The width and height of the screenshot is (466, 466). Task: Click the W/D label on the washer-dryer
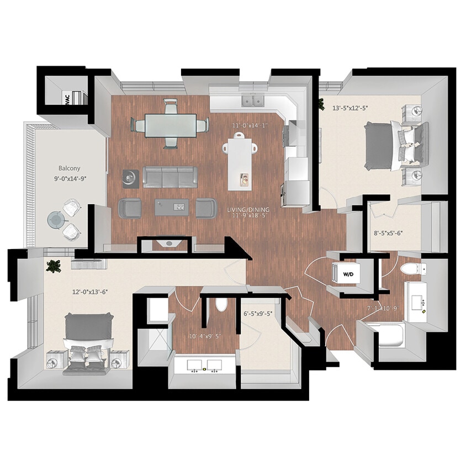point(348,273)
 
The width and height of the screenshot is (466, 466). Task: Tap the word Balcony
point(70,168)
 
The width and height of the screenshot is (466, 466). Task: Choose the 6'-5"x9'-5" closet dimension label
point(261,315)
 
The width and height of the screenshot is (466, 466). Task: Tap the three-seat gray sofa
point(170,177)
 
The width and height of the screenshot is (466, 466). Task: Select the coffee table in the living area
point(171,207)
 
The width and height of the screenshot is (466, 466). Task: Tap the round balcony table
point(56,220)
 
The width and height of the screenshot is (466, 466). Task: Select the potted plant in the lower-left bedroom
point(54,266)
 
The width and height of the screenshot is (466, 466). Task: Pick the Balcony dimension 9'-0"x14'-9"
point(70,179)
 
